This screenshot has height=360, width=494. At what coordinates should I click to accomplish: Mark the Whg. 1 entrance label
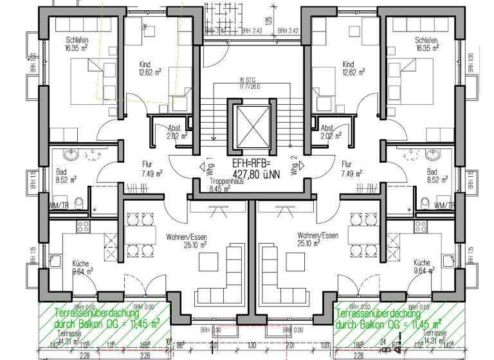click(210, 167)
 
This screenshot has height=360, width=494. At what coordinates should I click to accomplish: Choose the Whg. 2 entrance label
click(293, 168)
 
